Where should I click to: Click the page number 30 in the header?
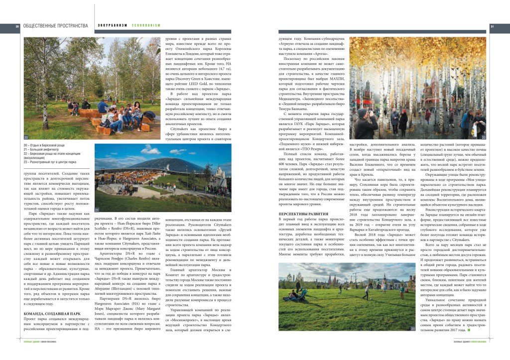tap(17, 26)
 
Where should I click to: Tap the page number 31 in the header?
tap(492, 26)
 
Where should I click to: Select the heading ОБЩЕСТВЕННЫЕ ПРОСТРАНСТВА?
tap(55, 26)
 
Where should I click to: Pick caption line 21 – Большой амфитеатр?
tap(43, 149)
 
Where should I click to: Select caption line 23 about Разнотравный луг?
tap(50, 162)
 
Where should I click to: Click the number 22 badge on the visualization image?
tap(483, 137)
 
